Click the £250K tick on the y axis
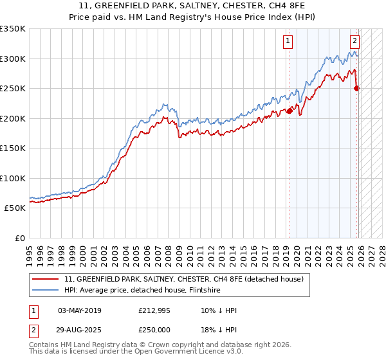pyautogui.click(x=13, y=88)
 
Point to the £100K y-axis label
pyautogui.click(x=13, y=178)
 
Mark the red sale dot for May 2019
pyautogui.click(x=289, y=111)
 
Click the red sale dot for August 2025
pyautogui.click(x=357, y=89)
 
